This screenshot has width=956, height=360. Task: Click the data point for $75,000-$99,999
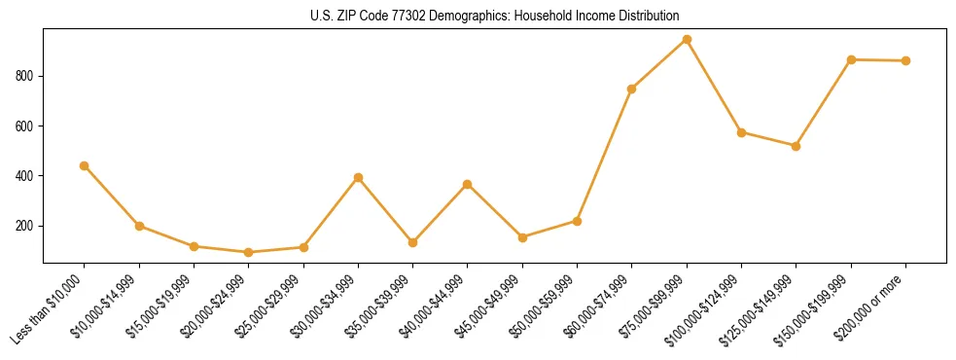(x=687, y=40)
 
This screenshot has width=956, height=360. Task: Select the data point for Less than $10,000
(x=85, y=166)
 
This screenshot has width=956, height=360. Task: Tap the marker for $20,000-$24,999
(x=249, y=253)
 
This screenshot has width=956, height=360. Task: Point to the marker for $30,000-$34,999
(x=358, y=178)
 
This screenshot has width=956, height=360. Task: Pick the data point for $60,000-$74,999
(x=632, y=89)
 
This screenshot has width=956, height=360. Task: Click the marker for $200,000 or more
(x=905, y=61)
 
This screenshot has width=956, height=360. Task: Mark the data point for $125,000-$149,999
(x=796, y=146)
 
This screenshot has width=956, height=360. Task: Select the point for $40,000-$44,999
(x=468, y=184)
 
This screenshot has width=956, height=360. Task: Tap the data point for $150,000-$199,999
(x=851, y=60)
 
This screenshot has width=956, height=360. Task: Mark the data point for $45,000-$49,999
(x=522, y=237)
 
